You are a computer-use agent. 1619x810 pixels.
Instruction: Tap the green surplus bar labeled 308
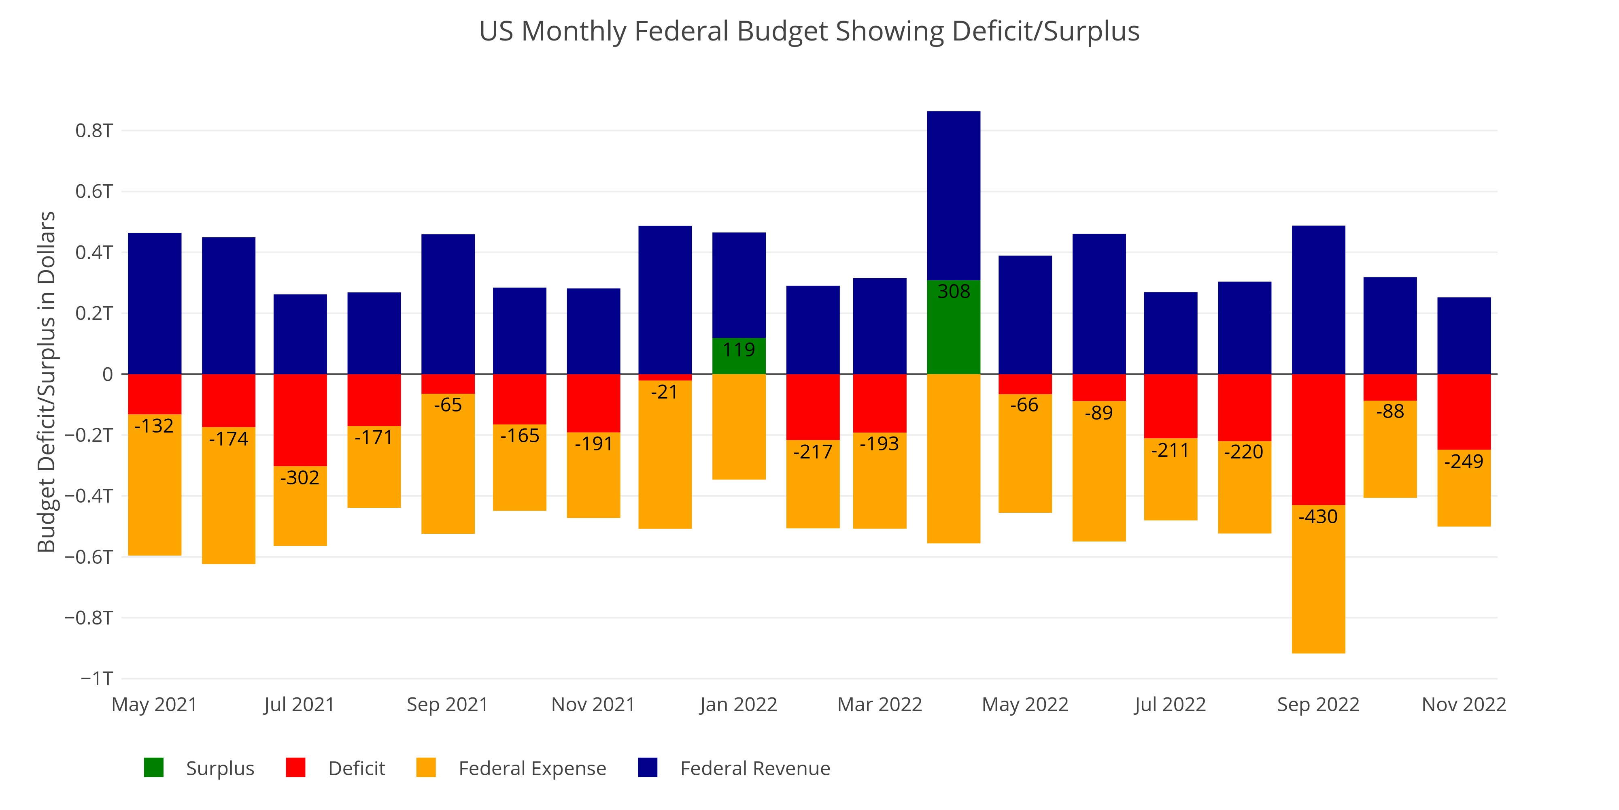pos(954,327)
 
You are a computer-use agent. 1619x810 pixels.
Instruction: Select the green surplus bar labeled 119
pos(739,356)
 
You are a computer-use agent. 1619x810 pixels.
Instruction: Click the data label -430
pos(1318,517)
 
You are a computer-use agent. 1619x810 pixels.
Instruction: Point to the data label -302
pos(300,478)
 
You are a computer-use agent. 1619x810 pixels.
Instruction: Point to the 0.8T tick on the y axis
pos(94,131)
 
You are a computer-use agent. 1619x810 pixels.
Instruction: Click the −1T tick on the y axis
pos(97,678)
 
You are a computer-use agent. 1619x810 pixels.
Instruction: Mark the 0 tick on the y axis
pos(108,375)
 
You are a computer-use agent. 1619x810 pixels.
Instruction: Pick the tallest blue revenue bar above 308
pos(954,195)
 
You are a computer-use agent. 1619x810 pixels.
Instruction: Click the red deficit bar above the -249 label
pos(1464,411)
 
